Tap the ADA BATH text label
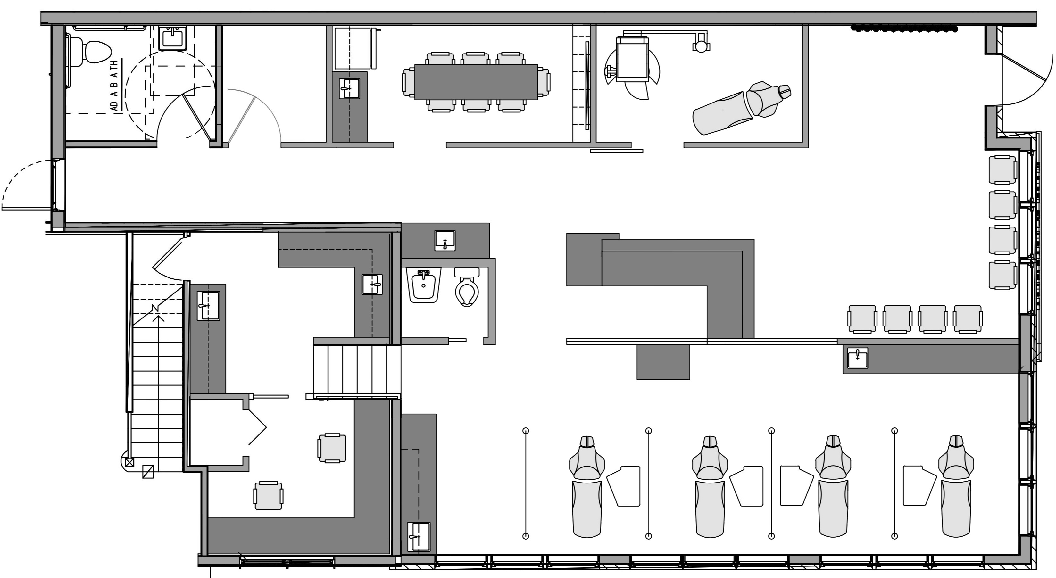tap(114, 86)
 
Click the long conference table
tap(476, 82)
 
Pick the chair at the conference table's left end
tap(409, 82)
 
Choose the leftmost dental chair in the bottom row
tap(587, 488)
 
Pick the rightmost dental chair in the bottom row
tap(956, 488)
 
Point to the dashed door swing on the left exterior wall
tap(25, 185)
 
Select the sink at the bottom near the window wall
tap(419, 536)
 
